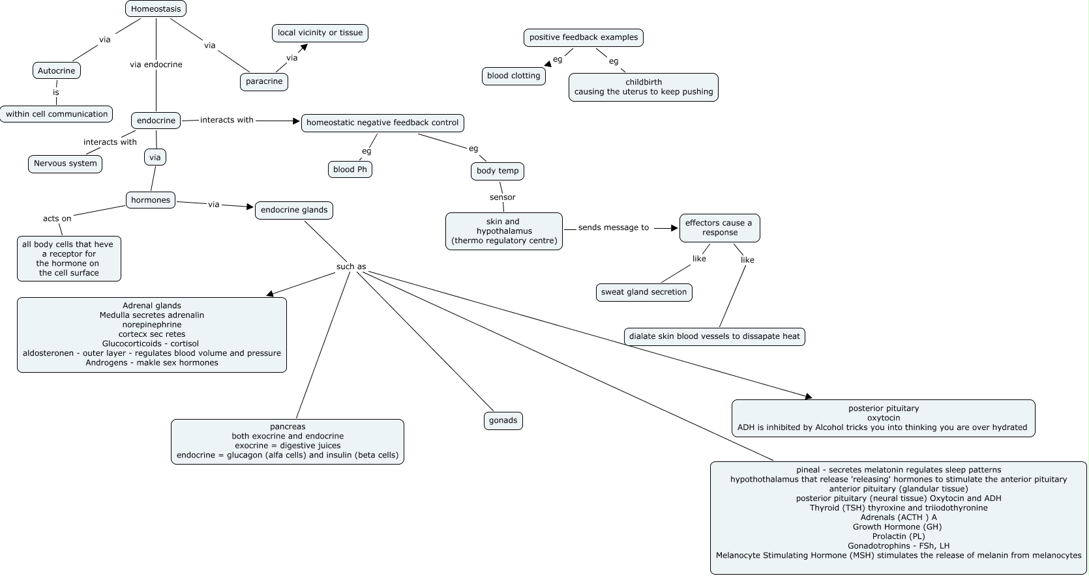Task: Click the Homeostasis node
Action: tap(156, 9)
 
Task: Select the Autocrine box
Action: tap(56, 70)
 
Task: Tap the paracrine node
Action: tap(264, 81)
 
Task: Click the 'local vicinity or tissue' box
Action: tap(320, 33)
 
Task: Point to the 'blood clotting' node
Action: tap(513, 76)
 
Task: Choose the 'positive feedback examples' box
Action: tap(583, 37)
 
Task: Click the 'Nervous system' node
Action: tap(65, 164)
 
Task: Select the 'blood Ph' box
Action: tap(350, 169)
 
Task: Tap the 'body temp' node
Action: tap(498, 171)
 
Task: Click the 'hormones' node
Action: tap(151, 200)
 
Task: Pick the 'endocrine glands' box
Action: tap(294, 210)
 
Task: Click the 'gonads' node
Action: tap(503, 420)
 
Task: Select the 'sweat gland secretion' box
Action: tap(644, 292)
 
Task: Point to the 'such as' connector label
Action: tap(351, 266)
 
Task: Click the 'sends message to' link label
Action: tap(613, 227)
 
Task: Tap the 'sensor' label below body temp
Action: tap(502, 197)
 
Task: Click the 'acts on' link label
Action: tap(57, 218)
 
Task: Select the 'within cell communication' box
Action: tap(57, 114)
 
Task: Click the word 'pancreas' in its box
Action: tap(288, 427)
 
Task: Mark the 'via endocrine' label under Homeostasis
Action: tap(156, 65)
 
